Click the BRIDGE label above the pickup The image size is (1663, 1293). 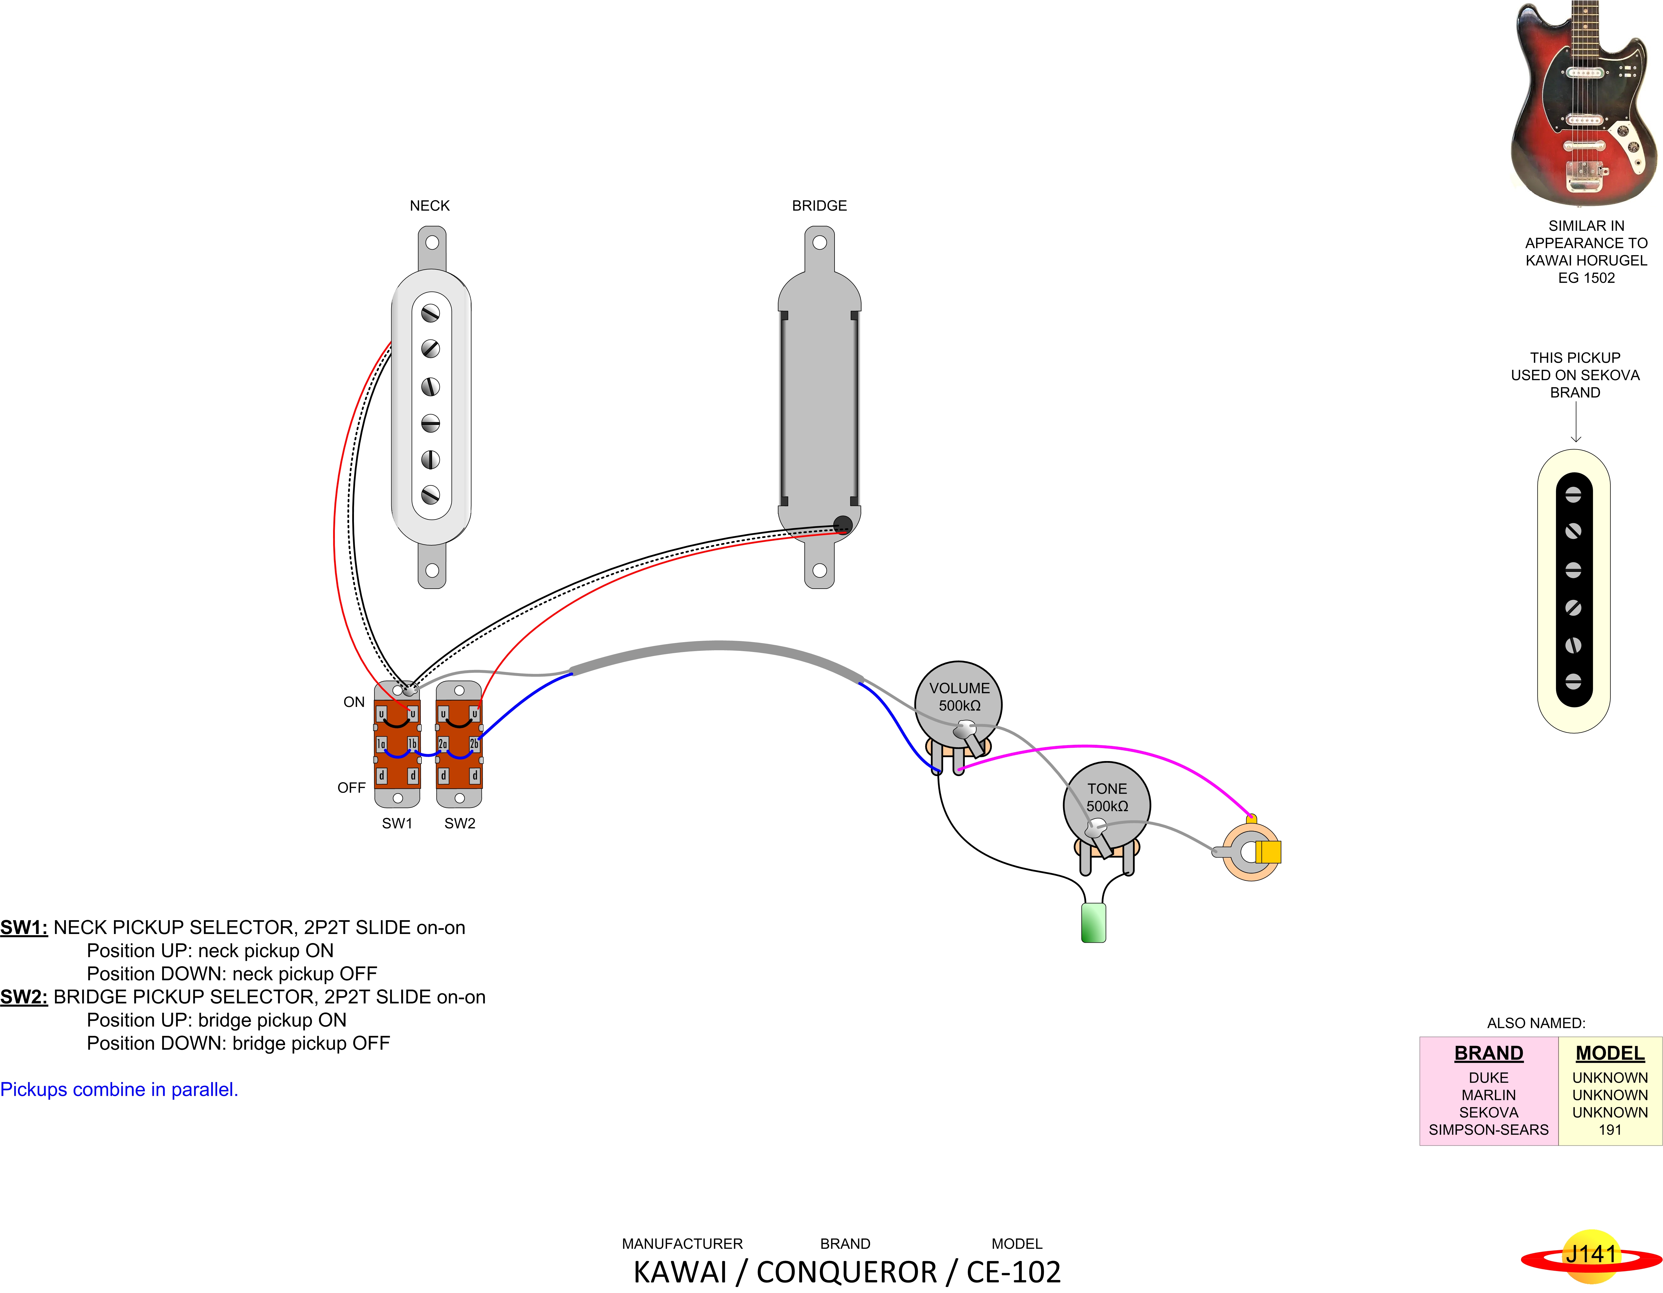(819, 206)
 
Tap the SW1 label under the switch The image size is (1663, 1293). (397, 823)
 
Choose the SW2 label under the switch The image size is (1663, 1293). (460, 823)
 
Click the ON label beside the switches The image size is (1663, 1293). (354, 702)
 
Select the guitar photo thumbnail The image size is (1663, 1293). (1584, 103)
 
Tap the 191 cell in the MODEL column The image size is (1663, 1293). (1610, 1130)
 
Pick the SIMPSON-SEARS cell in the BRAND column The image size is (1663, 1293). (1489, 1130)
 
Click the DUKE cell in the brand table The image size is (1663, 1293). (1489, 1077)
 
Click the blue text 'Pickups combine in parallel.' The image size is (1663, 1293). (119, 1090)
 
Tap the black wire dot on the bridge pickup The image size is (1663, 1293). (842, 524)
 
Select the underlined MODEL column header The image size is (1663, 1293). (1610, 1053)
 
